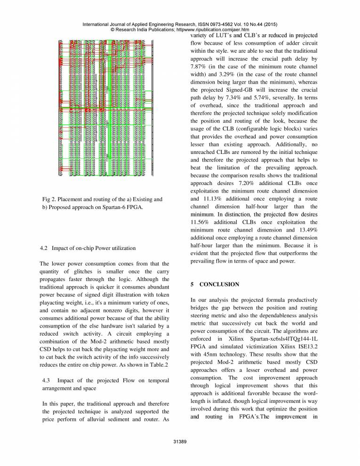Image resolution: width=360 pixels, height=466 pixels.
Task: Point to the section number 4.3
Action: (48, 381)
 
